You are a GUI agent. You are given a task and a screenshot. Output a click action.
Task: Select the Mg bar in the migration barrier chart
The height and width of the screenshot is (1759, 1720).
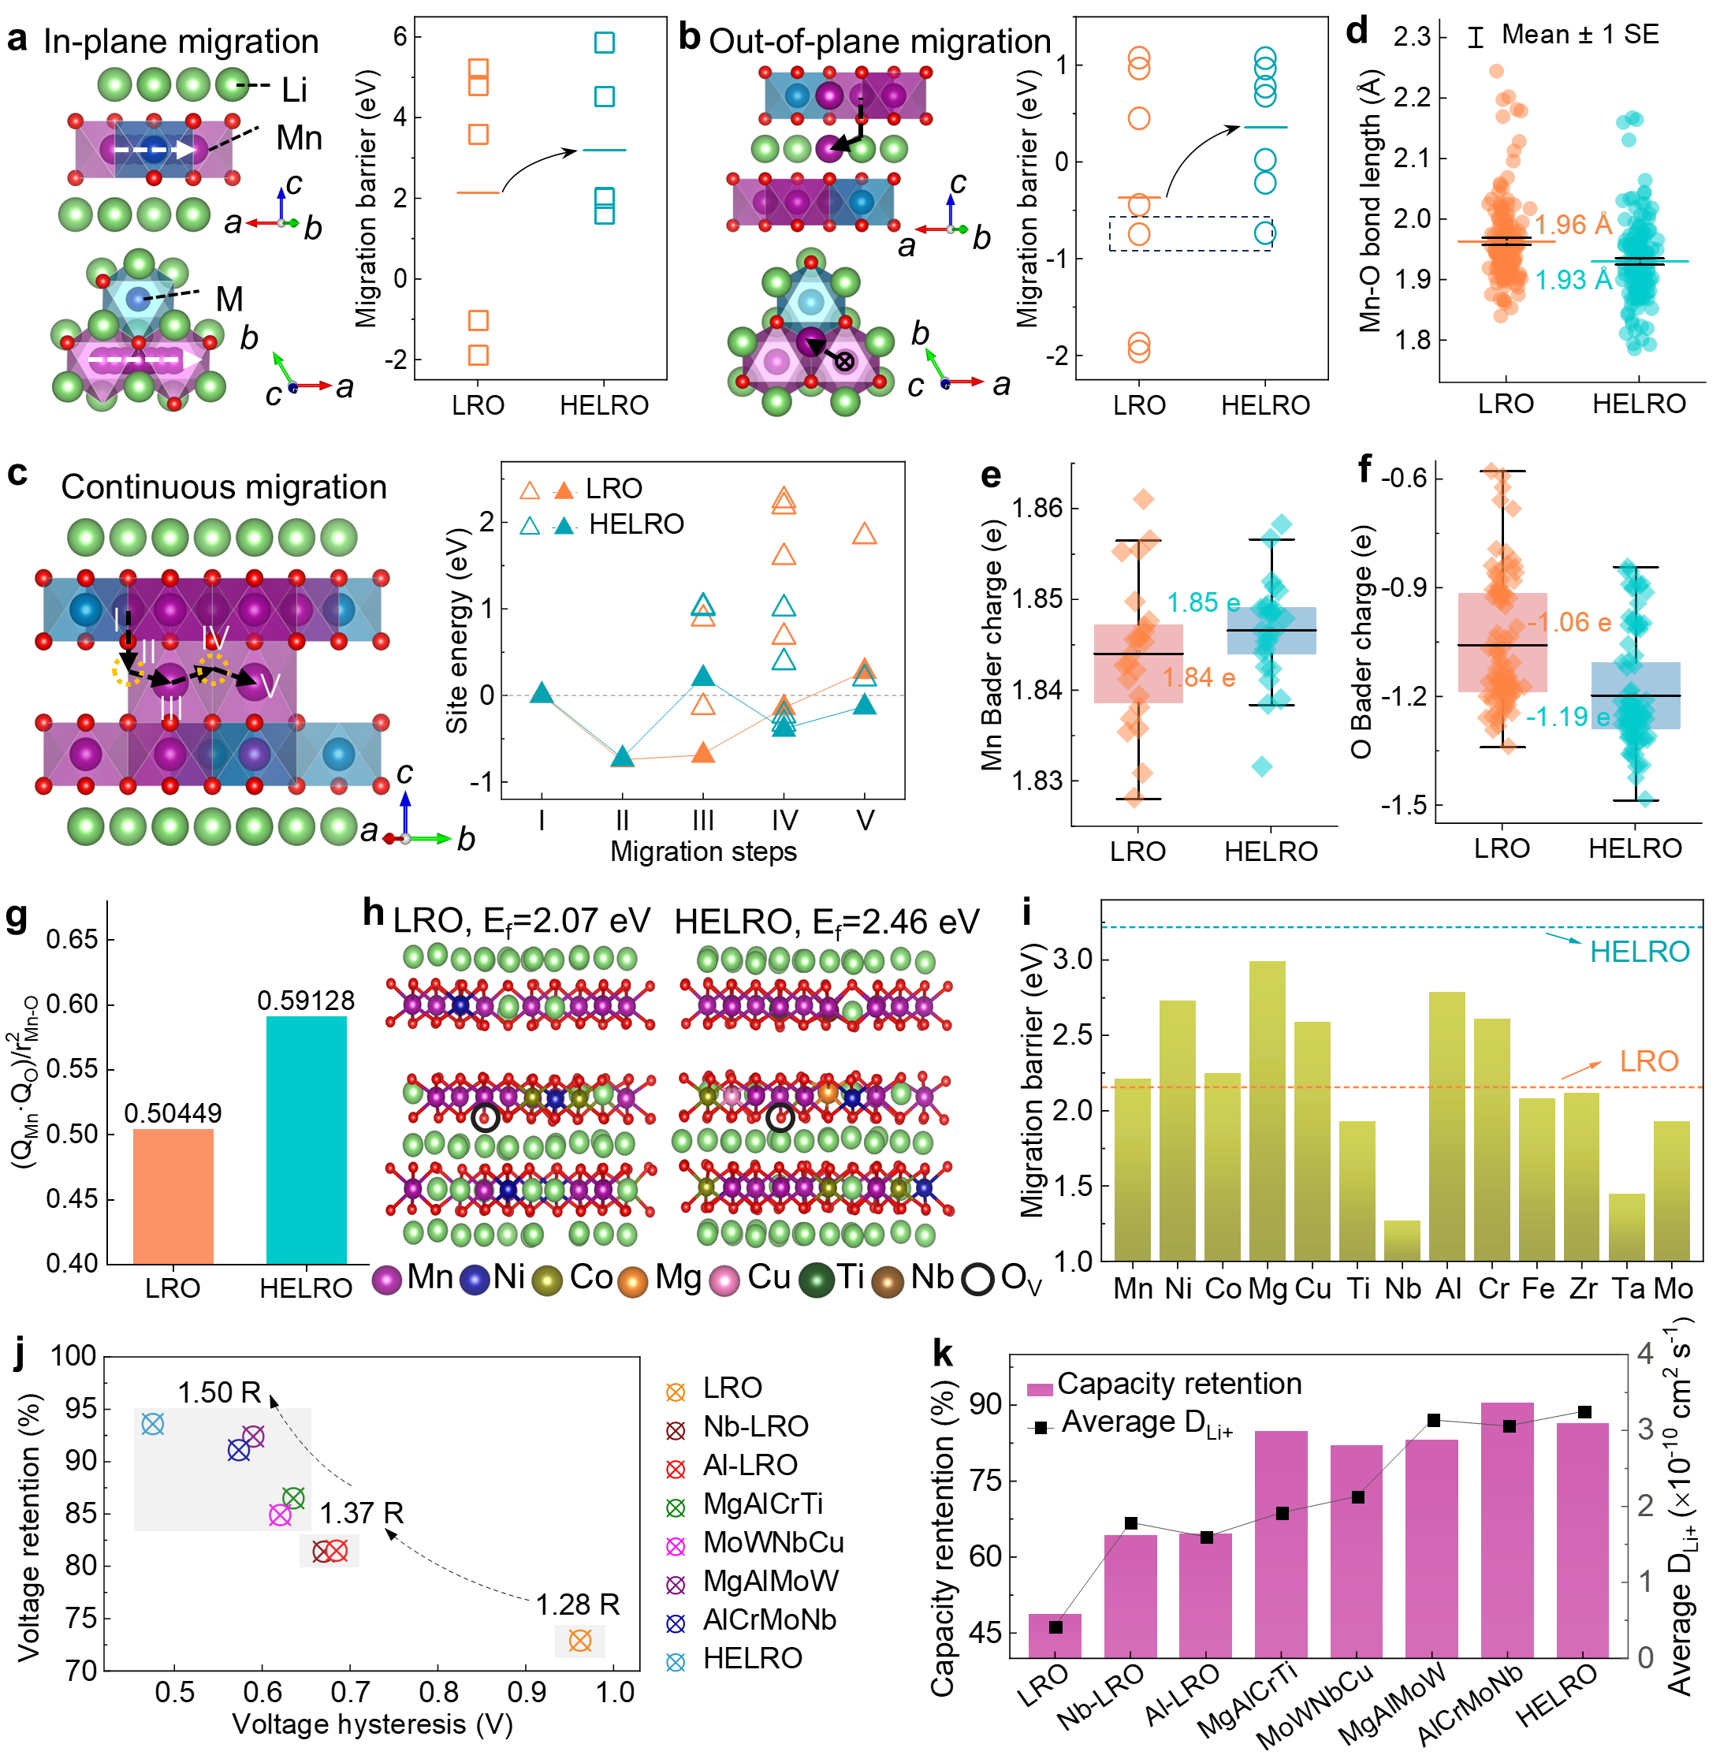(x=1268, y=1111)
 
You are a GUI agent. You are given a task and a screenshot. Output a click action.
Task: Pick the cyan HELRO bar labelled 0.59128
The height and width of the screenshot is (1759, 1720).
(x=306, y=1139)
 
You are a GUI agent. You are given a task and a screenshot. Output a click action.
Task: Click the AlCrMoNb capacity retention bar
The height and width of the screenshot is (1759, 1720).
(x=1507, y=1530)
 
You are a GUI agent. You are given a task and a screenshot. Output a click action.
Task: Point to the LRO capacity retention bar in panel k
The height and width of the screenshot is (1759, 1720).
(x=1055, y=1635)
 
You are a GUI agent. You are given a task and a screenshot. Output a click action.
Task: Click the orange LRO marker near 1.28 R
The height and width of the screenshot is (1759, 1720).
(x=580, y=1641)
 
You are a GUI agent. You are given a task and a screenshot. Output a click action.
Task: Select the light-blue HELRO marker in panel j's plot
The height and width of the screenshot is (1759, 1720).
(x=153, y=1425)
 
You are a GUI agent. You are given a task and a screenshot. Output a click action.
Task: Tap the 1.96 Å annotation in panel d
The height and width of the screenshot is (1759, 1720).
(x=1573, y=225)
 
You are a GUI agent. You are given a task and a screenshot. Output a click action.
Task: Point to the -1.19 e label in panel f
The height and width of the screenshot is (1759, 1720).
(x=1567, y=717)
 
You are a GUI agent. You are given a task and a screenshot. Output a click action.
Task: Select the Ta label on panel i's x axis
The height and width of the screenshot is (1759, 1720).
(x=1628, y=1288)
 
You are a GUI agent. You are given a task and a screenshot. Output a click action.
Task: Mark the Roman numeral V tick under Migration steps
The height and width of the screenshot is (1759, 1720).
(x=866, y=820)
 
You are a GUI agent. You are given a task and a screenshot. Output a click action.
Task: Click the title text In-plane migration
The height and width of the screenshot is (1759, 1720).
(x=181, y=43)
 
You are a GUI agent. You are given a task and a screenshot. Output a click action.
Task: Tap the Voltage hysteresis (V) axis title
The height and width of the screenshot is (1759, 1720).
(x=372, y=1724)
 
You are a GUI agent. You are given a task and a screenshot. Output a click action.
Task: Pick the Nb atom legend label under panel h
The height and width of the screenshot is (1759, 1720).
(x=933, y=1277)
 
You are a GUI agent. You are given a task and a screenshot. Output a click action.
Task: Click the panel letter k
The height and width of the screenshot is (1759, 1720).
(x=942, y=1355)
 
